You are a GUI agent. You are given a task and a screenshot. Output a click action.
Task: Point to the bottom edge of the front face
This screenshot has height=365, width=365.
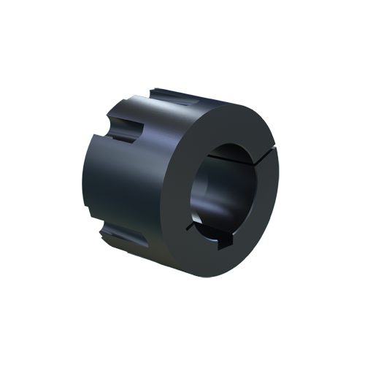click(212, 274)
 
